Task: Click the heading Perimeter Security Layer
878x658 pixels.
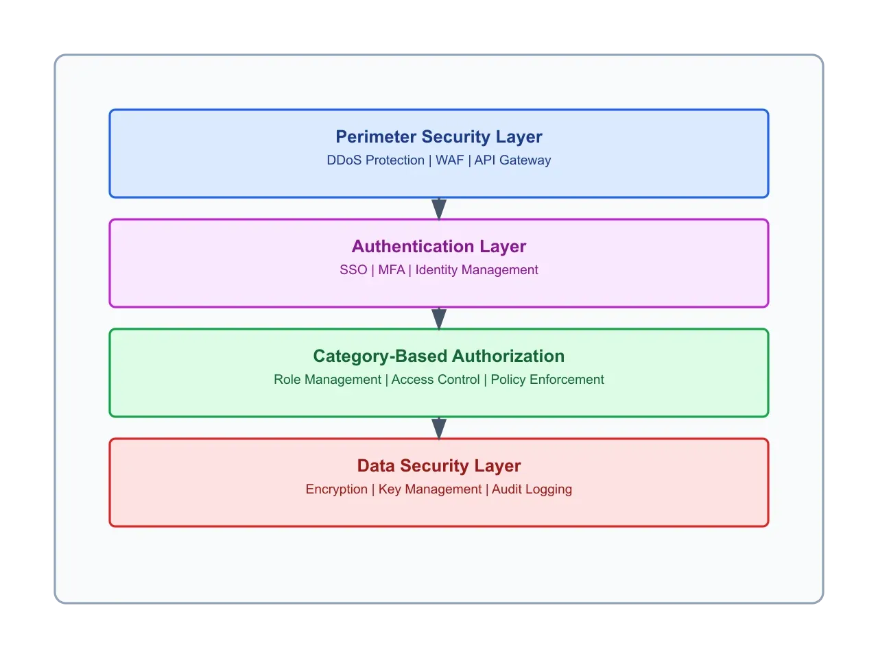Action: point(439,137)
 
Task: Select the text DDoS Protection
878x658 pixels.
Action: point(375,160)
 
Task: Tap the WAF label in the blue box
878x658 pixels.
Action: point(449,160)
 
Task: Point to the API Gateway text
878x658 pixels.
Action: point(512,160)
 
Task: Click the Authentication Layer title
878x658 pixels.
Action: point(439,247)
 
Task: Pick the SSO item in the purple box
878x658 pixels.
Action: point(353,270)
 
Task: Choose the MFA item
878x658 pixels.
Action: point(392,270)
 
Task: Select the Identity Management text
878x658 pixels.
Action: point(477,270)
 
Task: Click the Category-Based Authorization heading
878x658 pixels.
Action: point(439,356)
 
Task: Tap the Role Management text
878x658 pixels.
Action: point(327,380)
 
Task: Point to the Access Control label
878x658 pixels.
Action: point(436,380)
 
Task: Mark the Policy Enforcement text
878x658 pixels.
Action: point(547,380)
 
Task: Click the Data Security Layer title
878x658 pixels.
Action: point(439,466)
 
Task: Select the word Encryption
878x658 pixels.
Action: point(336,489)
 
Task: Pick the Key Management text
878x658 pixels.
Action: point(430,489)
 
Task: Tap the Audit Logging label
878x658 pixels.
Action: point(532,489)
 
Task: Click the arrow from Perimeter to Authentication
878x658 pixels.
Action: point(439,208)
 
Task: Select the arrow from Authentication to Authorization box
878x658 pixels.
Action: point(439,318)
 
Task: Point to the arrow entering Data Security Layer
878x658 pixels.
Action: point(439,428)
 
